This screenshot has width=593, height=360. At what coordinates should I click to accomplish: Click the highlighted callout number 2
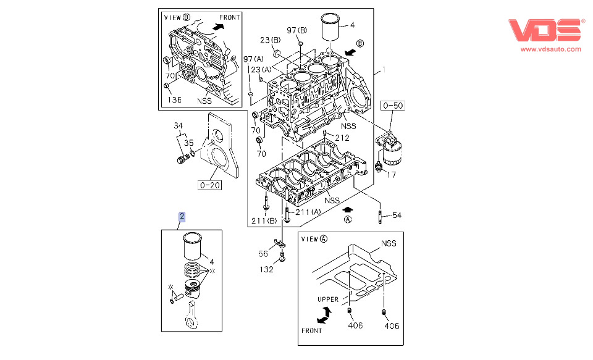[x=182, y=217]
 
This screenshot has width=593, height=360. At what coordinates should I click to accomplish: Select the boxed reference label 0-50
[x=393, y=106]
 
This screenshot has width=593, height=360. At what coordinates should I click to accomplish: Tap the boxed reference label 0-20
[x=209, y=185]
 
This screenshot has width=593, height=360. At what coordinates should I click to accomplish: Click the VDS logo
[x=546, y=30]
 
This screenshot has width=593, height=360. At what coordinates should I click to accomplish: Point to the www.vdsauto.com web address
[x=550, y=49]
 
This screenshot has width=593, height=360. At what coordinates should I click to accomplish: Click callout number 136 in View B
[x=174, y=100]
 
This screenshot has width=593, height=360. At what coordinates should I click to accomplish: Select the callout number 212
[x=342, y=138]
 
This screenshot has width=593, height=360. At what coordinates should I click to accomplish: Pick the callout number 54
[x=397, y=215]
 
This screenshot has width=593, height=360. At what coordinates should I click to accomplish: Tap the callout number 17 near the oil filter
[x=391, y=174]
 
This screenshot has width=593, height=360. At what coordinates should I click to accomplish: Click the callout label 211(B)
[x=264, y=221]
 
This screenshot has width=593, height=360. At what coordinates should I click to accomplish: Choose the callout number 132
[x=266, y=269]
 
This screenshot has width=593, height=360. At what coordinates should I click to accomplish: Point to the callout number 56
[x=263, y=254]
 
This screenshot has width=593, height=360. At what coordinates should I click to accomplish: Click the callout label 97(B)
[x=297, y=30]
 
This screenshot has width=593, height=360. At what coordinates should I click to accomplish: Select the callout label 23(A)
[x=261, y=70]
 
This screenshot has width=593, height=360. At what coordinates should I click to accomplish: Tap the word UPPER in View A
[x=328, y=299]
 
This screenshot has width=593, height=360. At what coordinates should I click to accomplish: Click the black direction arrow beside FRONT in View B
[x=218, y=27]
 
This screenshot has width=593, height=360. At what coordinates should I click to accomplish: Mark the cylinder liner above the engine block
[x=330, y=27]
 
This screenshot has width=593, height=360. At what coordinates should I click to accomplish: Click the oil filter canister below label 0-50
[x=392, y=153]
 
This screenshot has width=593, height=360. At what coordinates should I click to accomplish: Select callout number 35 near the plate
[x=189, y=143]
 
